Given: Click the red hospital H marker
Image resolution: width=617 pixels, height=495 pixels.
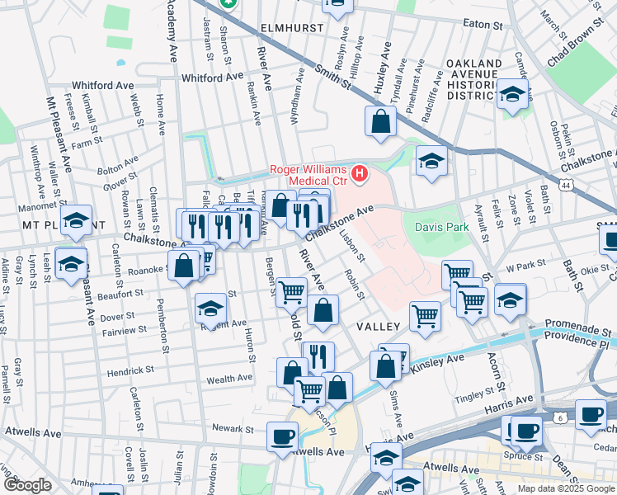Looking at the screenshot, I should (360, 173).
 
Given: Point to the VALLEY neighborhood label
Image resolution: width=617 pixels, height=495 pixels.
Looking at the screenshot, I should (378, 327).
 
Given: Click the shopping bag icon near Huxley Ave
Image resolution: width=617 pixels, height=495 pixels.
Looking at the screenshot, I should (379, 122).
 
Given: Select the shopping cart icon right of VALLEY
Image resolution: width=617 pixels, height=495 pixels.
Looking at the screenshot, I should (425, 314).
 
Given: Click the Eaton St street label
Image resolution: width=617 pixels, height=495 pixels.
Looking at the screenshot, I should (483, 23).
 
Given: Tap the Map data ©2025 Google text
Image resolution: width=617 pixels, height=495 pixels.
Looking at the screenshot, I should (565, 488).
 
